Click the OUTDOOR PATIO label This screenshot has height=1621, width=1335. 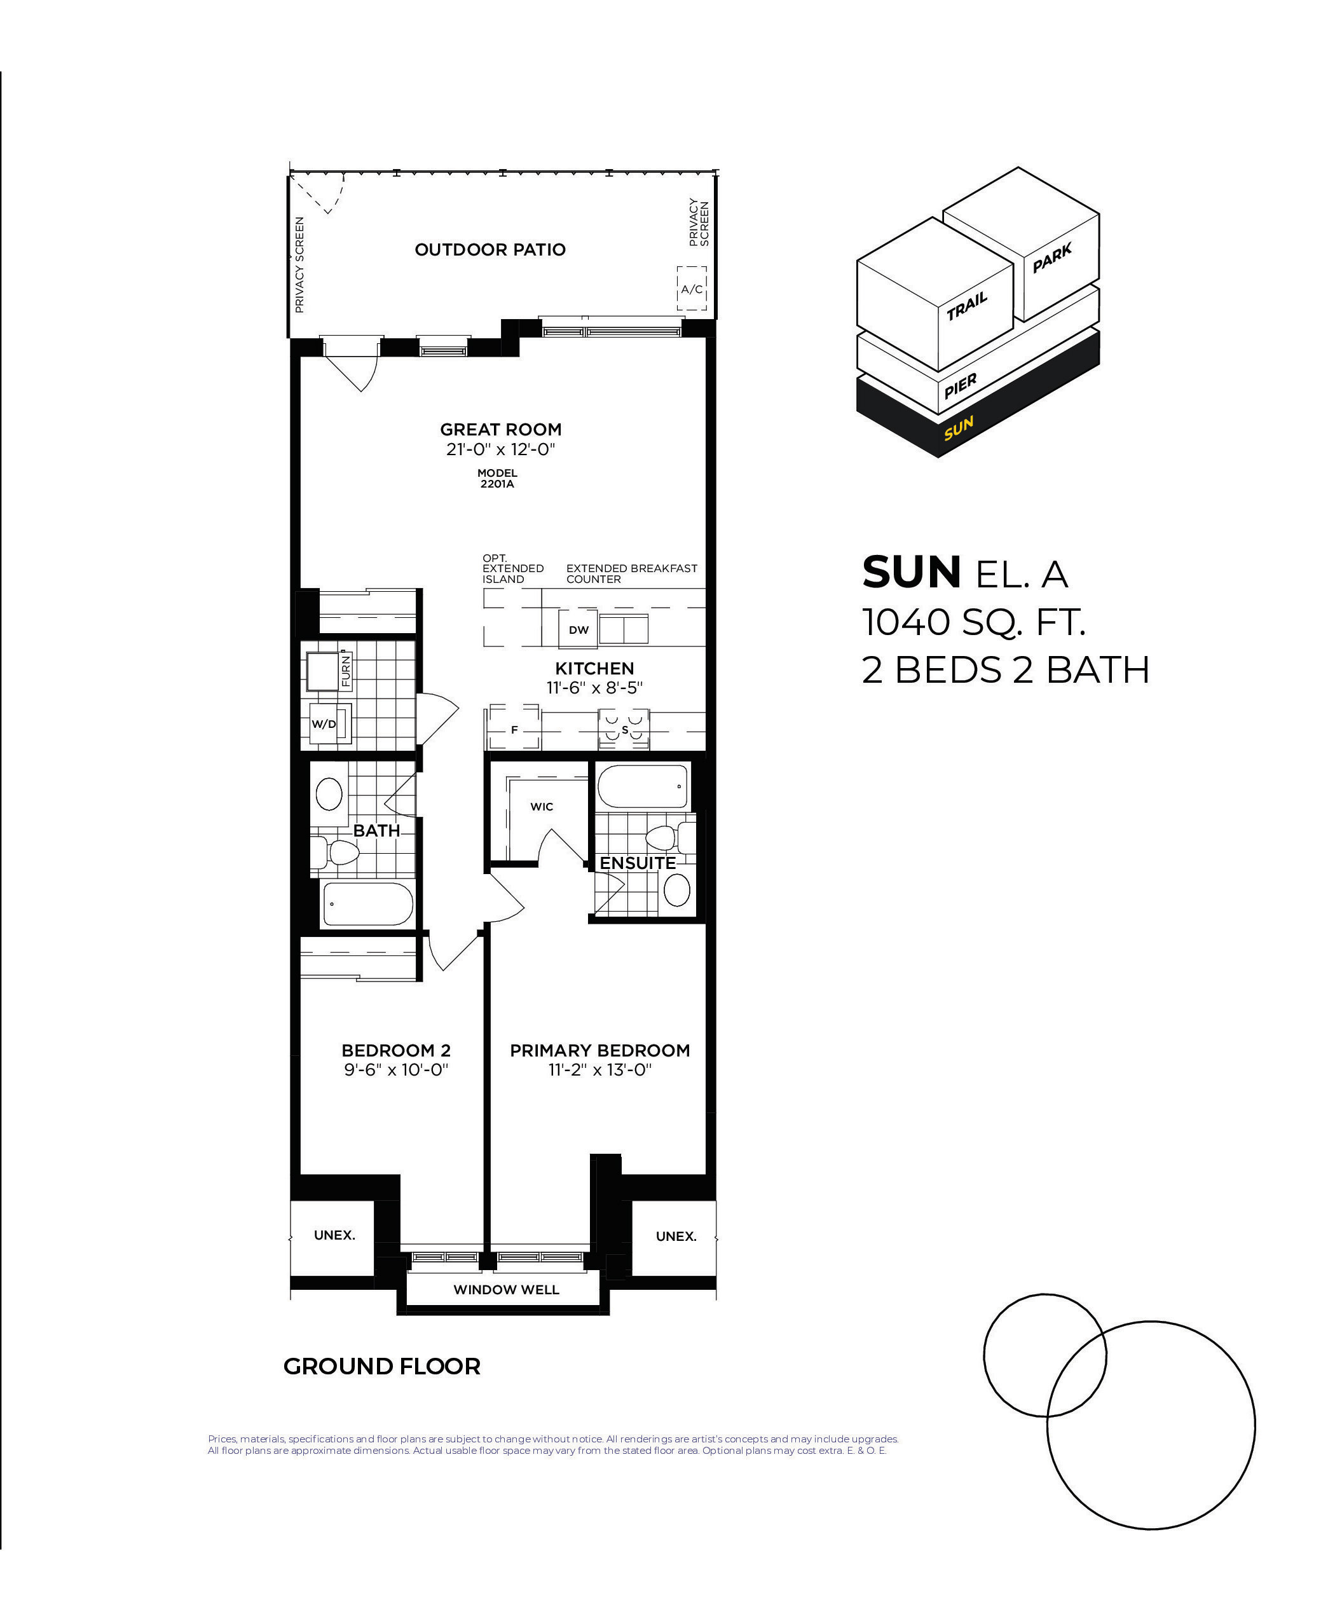click(x=490, y=249)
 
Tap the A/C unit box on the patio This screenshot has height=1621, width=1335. click(x=692, y=289)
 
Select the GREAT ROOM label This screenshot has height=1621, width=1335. click(x=501, y=429)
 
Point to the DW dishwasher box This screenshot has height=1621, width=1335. click(x=578, y=629)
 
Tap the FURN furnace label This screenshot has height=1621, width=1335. click(x=345, y=671)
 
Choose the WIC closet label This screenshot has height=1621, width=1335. click(x=542, y=807)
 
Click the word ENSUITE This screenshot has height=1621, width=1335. click(x=638, y=863)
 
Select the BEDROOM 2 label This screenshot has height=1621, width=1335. click(x=396, y=1050)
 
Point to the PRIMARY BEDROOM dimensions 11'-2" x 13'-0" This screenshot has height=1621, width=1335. click(x=600, y=1070)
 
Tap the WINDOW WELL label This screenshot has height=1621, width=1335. click(x=506, y=1290)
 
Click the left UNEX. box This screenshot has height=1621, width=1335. click(x=334, y=1236)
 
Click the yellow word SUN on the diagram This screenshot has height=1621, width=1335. click(x=959, y=428)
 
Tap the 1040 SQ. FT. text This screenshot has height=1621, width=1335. click(x=973, y=622)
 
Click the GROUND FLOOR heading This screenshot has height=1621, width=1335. click(x=382, y=1367)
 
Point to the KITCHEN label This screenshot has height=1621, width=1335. click(x=594, y=668)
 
